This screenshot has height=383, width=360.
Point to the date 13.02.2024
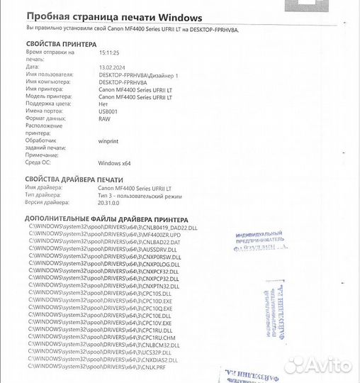(x=112, y=67)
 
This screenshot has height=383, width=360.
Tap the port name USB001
(x=108, y=111)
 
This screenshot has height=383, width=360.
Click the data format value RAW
(x=105, y=118)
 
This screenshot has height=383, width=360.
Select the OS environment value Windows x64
(x=114, y=162)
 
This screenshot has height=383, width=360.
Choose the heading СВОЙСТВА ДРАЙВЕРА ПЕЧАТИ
(x=74, y=179)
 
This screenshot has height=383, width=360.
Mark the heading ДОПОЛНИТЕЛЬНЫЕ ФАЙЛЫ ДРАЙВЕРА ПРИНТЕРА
(x=106, y=220)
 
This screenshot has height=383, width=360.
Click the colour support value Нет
(x=103, y=104)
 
